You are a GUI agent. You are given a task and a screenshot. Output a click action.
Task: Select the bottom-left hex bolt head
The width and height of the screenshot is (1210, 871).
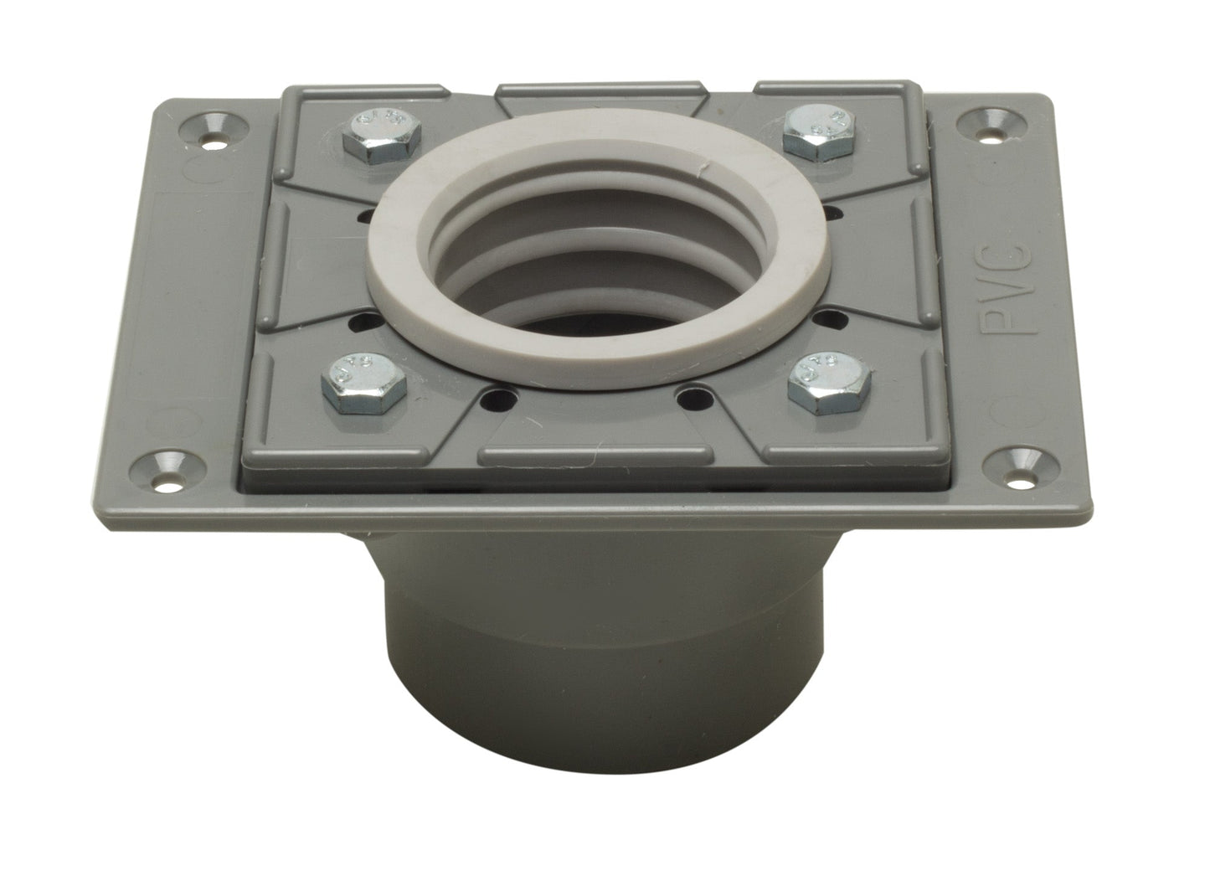point(364,379)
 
